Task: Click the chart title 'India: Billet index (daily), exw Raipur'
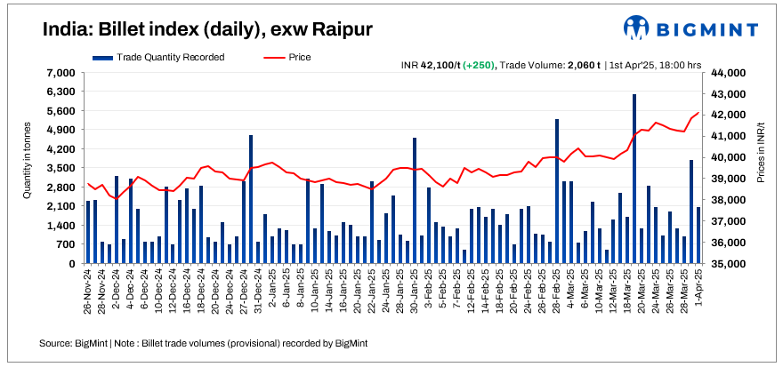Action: point(206,29)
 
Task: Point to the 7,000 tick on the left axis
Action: point(59,73)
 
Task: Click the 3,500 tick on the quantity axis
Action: point(59,168)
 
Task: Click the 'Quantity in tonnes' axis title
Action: point(28,168)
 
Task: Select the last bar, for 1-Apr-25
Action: point(698,235)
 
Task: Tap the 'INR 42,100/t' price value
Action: point(430,65)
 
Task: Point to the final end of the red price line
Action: point(698,113)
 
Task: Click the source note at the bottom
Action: point(203,343)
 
